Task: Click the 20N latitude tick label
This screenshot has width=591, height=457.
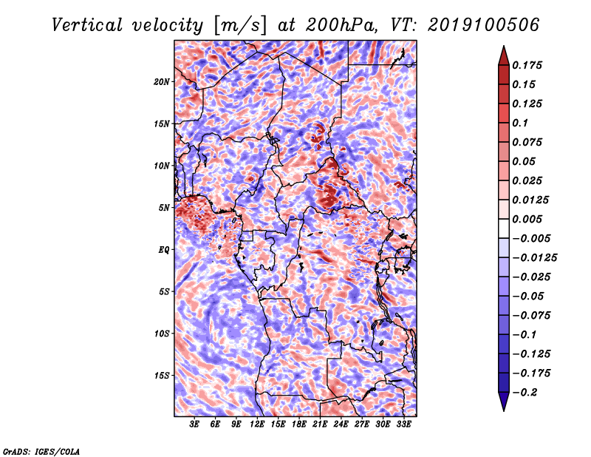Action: [162, 82]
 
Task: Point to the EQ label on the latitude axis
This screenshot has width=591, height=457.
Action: [164, 250]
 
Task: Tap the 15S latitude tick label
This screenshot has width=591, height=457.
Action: [162, 376]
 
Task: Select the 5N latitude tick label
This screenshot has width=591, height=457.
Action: [164, 208]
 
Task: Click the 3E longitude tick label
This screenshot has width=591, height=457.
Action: [194, 424]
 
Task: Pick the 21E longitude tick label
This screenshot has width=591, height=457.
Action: [320, 424]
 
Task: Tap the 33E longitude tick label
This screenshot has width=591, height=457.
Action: [403, 424]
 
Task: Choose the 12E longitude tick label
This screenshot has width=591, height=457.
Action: [256, 424]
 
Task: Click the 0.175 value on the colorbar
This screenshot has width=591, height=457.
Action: [527, 65]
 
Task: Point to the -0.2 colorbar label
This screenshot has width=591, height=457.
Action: [525, 393]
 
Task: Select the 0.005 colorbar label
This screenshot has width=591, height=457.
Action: [527, 219]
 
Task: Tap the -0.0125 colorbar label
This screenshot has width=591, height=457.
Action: [534, 258]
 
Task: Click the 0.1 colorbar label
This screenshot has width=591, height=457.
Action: [520, 123]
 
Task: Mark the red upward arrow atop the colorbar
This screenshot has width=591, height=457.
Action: [504, 55]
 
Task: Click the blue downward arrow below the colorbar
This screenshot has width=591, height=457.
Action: [504, 402]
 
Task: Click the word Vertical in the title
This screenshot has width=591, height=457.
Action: [87, 25]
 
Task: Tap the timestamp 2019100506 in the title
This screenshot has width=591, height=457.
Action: [484, 25]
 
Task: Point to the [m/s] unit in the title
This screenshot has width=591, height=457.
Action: [241, 26]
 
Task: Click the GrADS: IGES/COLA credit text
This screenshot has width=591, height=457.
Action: [41, 451]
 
